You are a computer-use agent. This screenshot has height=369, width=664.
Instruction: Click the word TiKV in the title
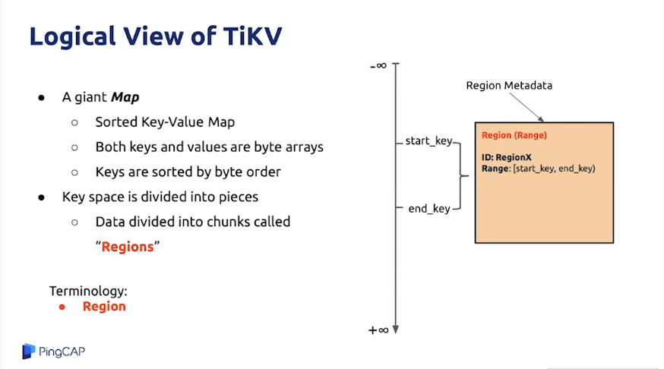(252, 36)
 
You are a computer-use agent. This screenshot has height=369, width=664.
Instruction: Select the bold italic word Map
(125, 98)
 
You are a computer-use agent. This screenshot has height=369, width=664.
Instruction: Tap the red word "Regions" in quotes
(128, 247)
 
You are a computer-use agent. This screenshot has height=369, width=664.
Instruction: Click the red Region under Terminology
(104, 307)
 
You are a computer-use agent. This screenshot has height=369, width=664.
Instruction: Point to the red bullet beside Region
(62, 307)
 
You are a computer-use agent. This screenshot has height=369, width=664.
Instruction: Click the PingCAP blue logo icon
(28, 352)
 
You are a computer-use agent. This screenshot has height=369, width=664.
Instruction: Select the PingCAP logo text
(62, 352)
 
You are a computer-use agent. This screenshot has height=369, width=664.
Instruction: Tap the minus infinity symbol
(378, 65)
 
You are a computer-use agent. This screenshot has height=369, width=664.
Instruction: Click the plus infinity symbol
(378, 330)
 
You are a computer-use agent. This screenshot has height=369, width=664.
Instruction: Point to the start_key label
(428, 141)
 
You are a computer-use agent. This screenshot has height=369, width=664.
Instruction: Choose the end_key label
(429, 209)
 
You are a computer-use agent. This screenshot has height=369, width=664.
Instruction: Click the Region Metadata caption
(509, 86)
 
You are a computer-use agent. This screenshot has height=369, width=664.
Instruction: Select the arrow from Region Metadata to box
(526, 107)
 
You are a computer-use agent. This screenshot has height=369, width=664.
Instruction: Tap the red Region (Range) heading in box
(514, 135)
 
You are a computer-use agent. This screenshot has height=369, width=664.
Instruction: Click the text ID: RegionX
(507, 157)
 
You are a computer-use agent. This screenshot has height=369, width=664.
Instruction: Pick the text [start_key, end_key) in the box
(554, 169)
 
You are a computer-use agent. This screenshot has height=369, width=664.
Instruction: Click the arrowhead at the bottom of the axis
(396, 330)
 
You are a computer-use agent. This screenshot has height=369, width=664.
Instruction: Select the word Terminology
(88, 291)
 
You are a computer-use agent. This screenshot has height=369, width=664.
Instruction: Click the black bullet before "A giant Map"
(41, 98)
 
